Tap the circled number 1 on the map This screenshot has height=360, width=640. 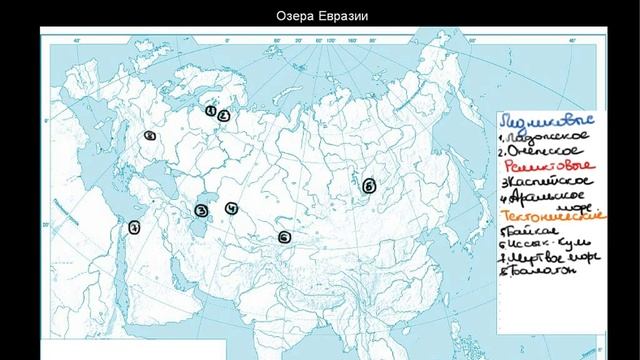(x=211, y=111)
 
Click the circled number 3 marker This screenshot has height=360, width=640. (x=201, y=211)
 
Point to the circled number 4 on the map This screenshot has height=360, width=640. (x=231, y=209)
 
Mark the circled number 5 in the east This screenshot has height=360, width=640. (x=368, y=185)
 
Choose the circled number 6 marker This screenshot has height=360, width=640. (x=285, y=237)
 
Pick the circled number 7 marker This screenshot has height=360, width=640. (x=134, y=227)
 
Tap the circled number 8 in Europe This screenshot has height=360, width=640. (x=149, y=135)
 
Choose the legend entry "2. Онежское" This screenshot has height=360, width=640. (x=545, y=149)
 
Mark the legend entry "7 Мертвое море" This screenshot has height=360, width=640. (x=551, y=258)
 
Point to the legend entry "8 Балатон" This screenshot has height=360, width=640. (x=544, y=271)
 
